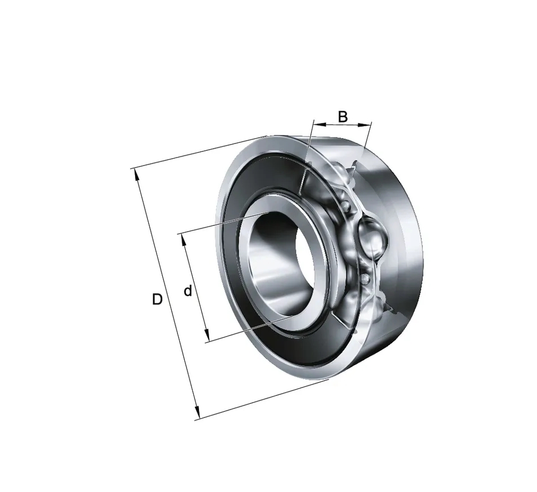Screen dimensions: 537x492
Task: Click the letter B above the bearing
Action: click(x=343, y=117)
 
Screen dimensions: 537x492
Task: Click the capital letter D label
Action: click(x=157, y=299)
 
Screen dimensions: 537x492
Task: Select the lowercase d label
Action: click(x=188, y=291)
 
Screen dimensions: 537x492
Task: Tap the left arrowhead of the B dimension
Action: click(x=317, y=124)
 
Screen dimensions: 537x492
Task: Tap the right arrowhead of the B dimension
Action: click(x=367, y=125)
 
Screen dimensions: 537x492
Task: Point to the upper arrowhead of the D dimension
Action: click(x=137, y=174)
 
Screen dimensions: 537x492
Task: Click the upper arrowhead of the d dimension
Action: click(x=183, y=240)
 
